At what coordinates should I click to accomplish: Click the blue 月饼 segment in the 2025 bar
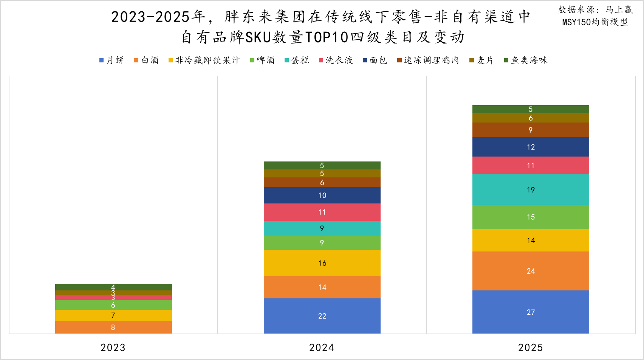[531, 312]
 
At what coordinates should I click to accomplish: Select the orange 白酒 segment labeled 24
[531, 271]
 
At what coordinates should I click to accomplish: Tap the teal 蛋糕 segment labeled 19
[531, 189]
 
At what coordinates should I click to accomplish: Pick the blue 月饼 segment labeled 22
[322, 316]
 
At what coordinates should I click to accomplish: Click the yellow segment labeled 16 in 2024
[322, 263]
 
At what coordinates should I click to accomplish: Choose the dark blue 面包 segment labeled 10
[322, 195]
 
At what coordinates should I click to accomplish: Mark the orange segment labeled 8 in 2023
[113, 327]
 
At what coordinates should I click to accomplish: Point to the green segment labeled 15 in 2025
[531, 217]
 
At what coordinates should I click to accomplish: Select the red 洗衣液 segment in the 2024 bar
[322, 212]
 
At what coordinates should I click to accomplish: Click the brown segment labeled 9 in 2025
[531, 130]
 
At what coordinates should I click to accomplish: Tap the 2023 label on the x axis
[113, 348]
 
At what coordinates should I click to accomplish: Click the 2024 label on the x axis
[322, 348]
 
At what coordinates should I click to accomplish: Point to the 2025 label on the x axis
[530, 348]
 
